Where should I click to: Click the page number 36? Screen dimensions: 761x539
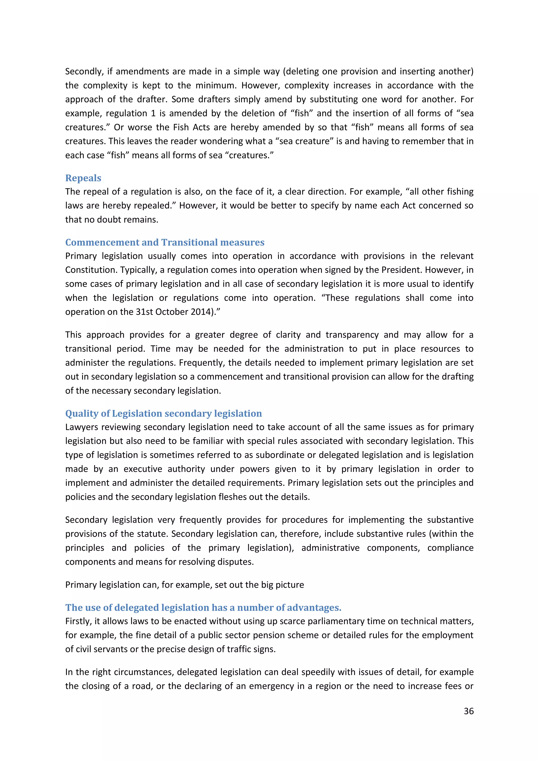click(468, 711)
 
